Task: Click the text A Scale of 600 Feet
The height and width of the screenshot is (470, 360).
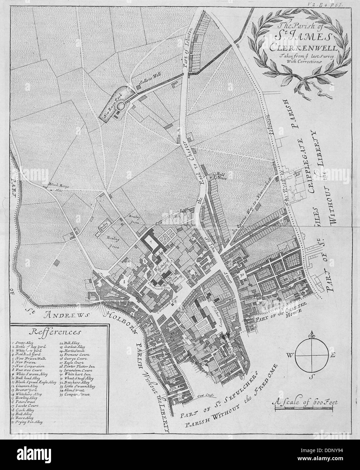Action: tap(306, 402)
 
